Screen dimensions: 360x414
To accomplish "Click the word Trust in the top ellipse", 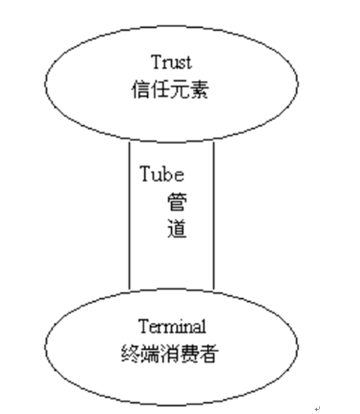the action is (171, 62).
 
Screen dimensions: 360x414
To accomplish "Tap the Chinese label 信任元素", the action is (170, 90).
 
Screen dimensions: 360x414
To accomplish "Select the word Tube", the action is (161, 173).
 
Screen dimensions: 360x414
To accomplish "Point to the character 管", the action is (178, 202).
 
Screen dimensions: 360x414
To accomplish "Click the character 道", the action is (178, 229).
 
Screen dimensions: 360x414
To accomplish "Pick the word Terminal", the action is (172, 327).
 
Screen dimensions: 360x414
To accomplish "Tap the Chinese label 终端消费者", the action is (170, 353).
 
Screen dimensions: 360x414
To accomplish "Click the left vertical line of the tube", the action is (129, 215).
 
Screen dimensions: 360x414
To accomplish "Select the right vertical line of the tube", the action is (213, 216).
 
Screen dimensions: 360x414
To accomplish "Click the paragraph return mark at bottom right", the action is (318, 408).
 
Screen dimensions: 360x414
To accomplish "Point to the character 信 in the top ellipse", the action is (141, 90).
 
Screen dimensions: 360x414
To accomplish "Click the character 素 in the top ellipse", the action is (199, 90).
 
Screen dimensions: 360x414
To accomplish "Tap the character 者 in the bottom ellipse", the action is (209, 353).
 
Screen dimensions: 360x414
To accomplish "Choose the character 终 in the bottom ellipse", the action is (131, 353).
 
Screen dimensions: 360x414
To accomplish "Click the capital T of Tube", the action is (146, 173).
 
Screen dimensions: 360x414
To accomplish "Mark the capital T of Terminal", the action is (144, 327).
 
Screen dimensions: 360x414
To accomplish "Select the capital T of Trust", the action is (157, 62).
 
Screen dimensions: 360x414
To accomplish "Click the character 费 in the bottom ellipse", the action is (190, 353).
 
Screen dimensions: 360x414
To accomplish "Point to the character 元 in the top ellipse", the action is (180, 90).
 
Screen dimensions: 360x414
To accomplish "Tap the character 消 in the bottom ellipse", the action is (170, 353).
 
